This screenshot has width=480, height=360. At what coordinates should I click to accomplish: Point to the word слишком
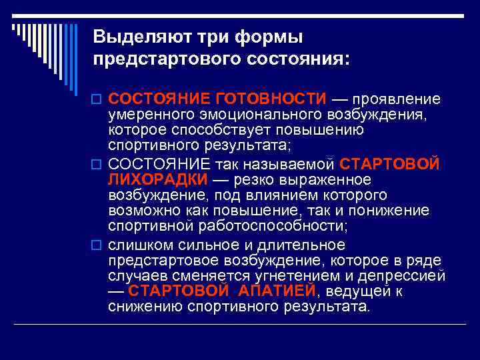[138, 245]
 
